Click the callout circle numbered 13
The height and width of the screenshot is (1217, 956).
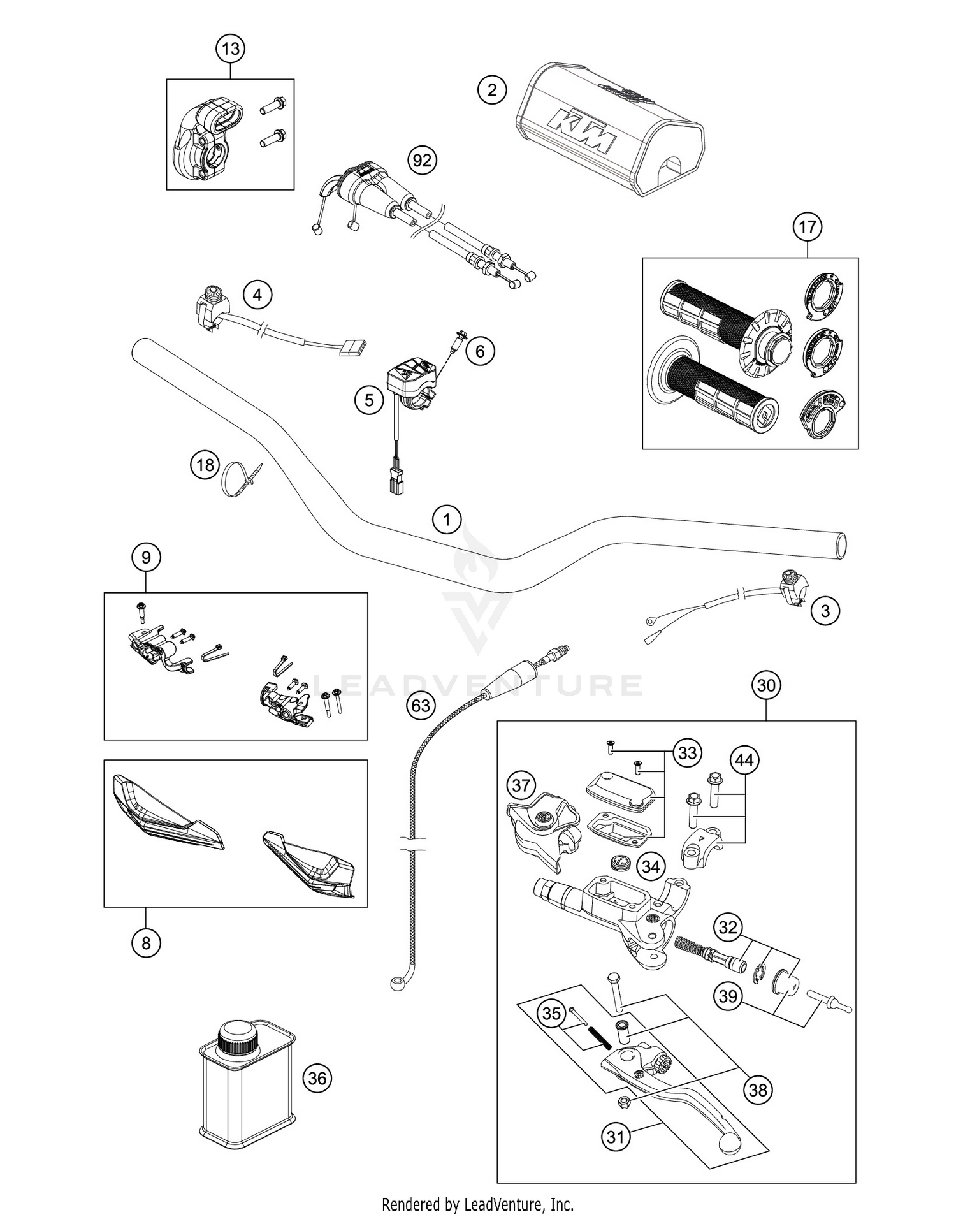tap(231, 48)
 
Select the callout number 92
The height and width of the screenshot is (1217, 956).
tap(422, 160)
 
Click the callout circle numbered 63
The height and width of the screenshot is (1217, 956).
tap(421, 706)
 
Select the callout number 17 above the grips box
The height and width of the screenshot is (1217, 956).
tap(808, 227)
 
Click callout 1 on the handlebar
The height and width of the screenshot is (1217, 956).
tap(447, 520)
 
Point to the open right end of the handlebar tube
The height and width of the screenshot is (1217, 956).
tap(841, 547)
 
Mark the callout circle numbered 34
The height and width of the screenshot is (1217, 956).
tap(651, 866)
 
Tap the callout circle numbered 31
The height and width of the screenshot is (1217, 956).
tap(616, 1137)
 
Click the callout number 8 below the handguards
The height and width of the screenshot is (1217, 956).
tap(146, 943)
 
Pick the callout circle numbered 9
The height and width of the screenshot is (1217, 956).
tap(146, 558)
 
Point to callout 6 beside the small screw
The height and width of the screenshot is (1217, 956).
tap(480, 351)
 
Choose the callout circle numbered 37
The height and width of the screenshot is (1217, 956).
tap(521, 785)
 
